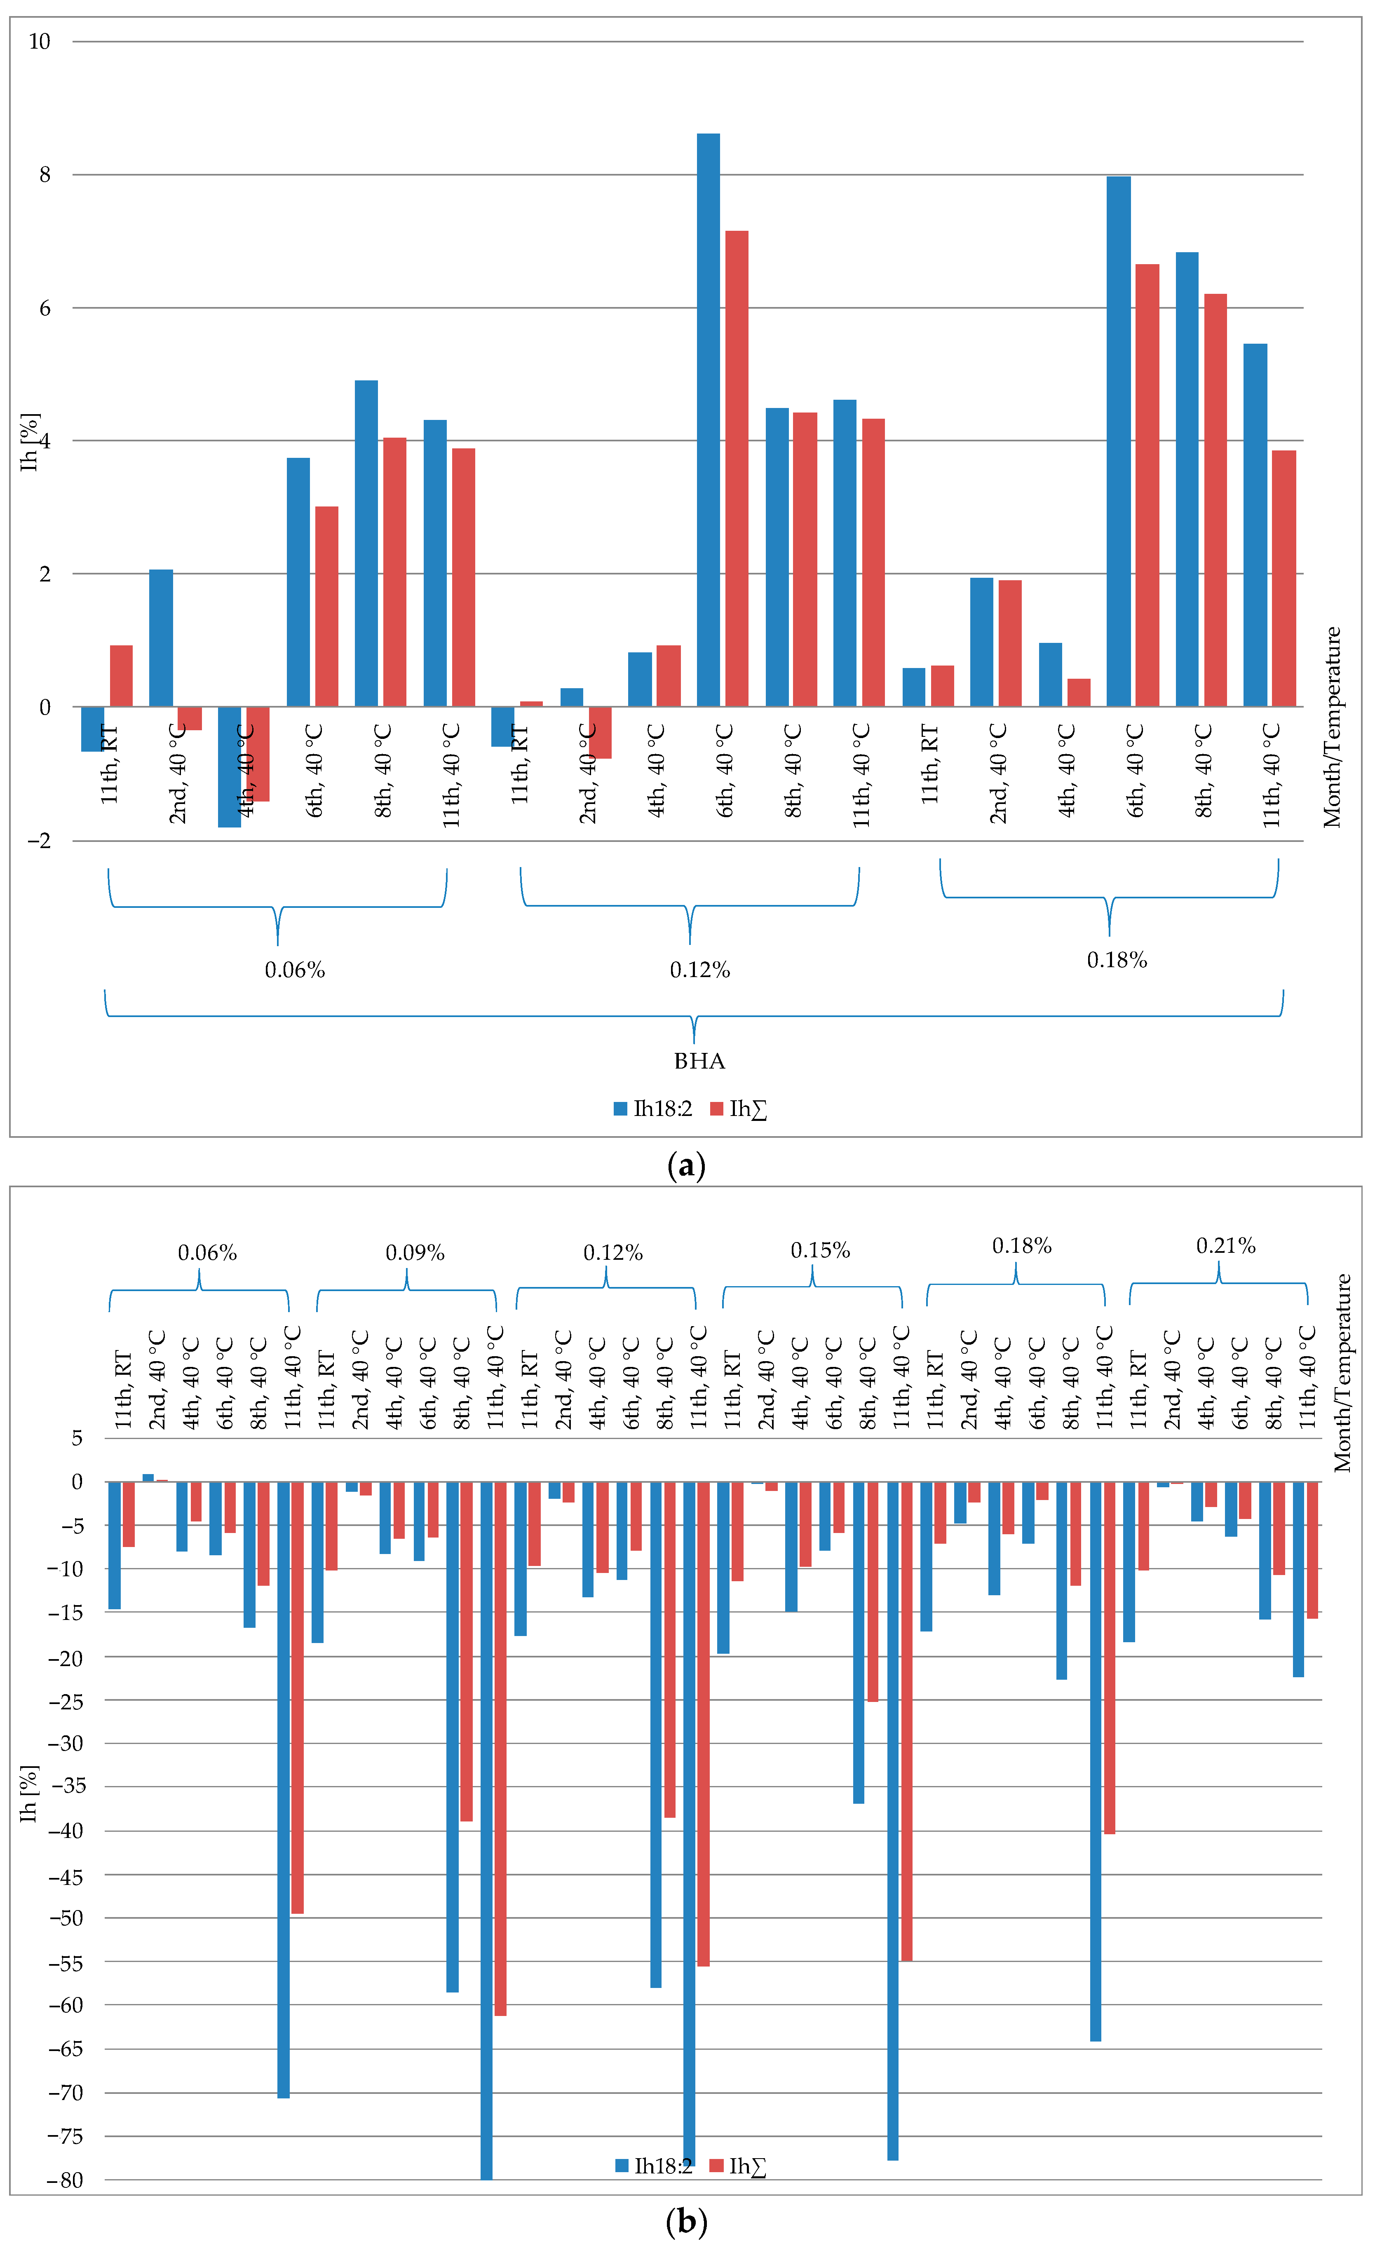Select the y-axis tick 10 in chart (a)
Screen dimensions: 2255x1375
(40, 41)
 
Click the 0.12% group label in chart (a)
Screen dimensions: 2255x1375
(699, 970)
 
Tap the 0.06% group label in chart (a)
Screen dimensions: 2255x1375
(295, 970)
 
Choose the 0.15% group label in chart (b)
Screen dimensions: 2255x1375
(820, 1250)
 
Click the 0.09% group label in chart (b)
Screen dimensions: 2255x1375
(415, 1253)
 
